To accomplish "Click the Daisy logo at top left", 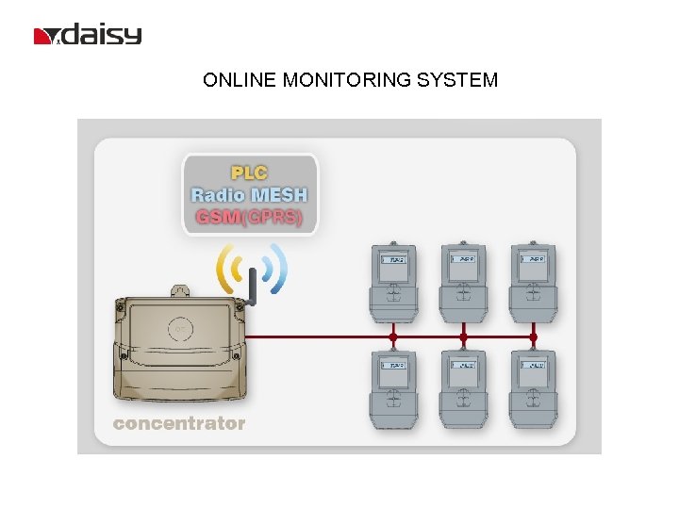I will point(88,36).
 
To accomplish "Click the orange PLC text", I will point(250,172).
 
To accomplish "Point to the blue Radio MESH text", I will point(250,195).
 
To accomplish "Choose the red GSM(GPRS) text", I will point(250,217).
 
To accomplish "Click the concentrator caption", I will point(179,423).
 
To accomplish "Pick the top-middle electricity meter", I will point(463,282).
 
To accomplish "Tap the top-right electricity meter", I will point(533,282).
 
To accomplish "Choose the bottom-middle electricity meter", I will point(463,389).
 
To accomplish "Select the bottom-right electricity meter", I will point(533,389).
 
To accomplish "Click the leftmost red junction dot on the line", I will point(393,337).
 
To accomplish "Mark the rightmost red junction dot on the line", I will point(533,337).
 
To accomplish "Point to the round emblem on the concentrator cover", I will point(181,330).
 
